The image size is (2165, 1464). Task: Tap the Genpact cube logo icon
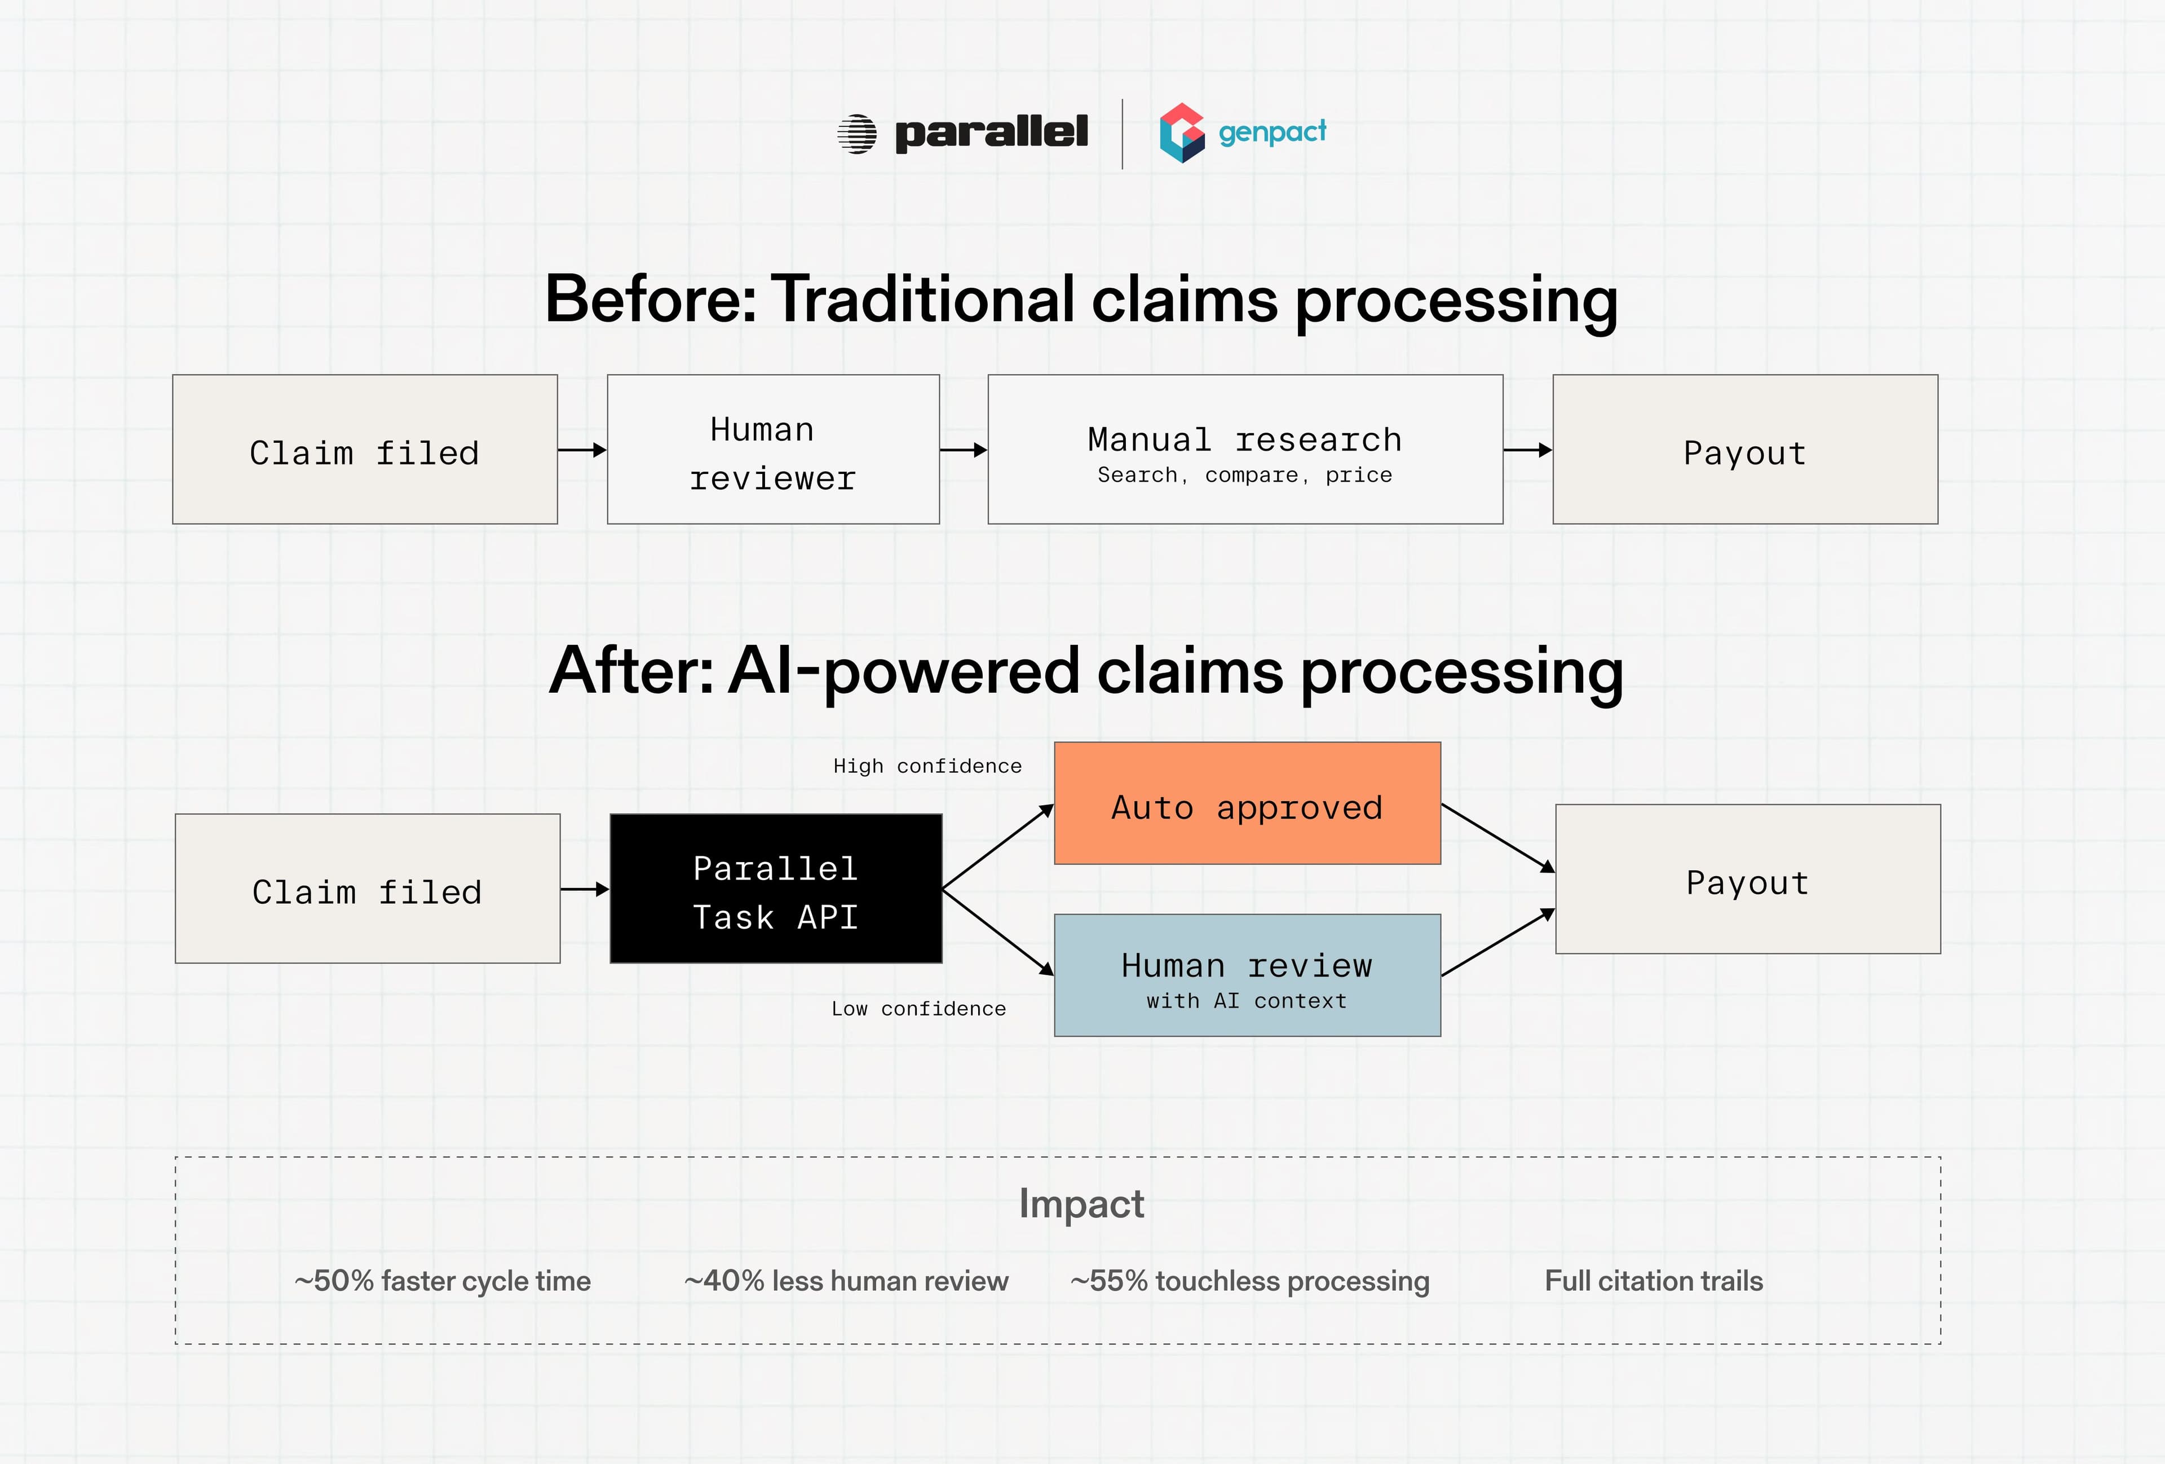click(1181, 133)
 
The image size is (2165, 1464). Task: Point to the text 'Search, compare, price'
click(1245, 475)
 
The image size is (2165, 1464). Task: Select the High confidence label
click(927, 766)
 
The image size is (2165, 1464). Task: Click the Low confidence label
click(918, 1009)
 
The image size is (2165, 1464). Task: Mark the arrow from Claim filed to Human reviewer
click(582, 450)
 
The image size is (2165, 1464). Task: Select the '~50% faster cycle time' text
click(443, 1281)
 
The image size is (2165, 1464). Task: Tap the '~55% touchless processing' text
click(1249, 1281)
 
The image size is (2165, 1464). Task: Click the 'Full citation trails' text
click(1654, 1281)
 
